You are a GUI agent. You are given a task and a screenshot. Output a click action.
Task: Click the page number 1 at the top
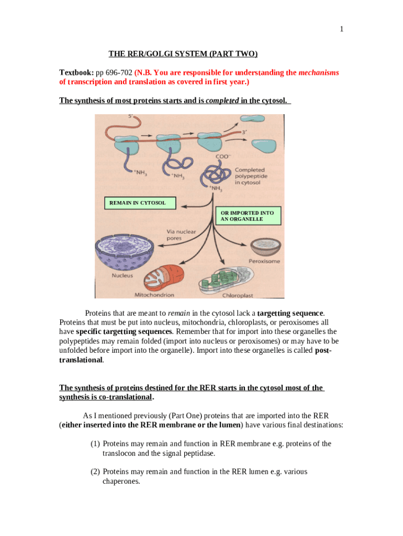pos(341,29)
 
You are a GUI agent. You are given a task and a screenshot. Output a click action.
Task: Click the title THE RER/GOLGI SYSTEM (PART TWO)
pos(183,54)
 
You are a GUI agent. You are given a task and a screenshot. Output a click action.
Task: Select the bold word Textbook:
pos(76,73)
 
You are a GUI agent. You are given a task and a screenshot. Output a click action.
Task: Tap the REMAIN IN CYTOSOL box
pos(137,203)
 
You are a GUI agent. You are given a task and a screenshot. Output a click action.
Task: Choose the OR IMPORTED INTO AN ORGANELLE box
pos(247,216)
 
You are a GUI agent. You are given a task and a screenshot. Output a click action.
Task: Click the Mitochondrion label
pos(154,295)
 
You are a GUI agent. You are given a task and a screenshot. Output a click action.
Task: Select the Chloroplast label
pos(238,295)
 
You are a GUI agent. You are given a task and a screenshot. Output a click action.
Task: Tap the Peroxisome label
pos(265,261)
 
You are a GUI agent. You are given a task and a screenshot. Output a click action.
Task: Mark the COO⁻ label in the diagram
pos(223,156)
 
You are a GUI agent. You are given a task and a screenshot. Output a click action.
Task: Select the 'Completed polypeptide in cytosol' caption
pos(250,176)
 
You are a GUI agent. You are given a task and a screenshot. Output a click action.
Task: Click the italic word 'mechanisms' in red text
pos(319,73)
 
